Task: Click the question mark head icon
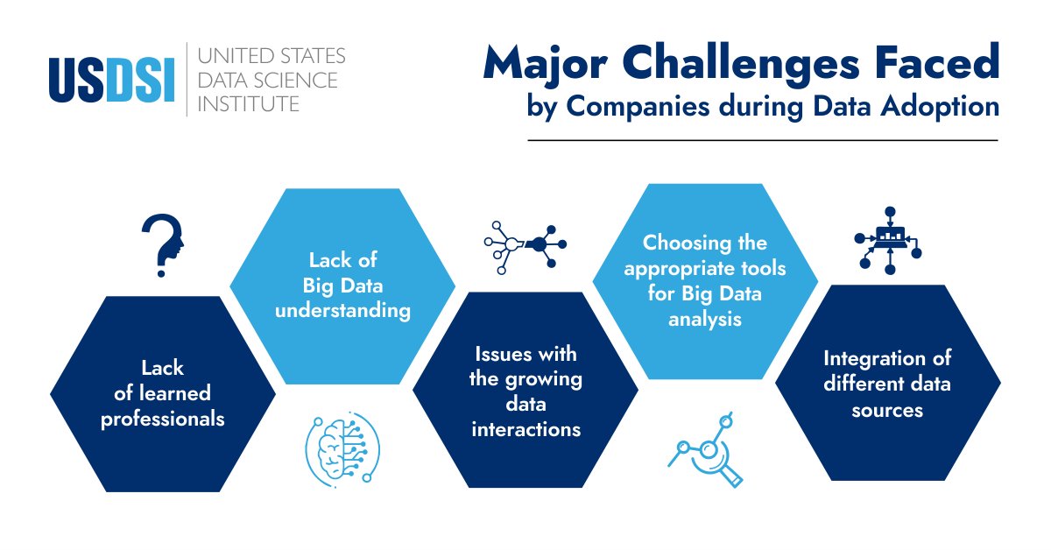pyautogui.click(x=164, y=245)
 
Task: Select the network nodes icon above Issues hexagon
pyautogui.click(x=525, y=244)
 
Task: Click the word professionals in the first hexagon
pyautogui.click(x=163, y=419)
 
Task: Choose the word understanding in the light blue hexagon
pyautogui.click(x=342, y=311)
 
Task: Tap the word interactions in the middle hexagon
pyautogui.click(x=525, y=429)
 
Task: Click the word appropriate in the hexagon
pyautogui.click(x=705, y=268)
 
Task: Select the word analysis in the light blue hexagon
pyautogui.click(x=705, y=319)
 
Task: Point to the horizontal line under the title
pyautogui.click(x=762, y=139)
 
